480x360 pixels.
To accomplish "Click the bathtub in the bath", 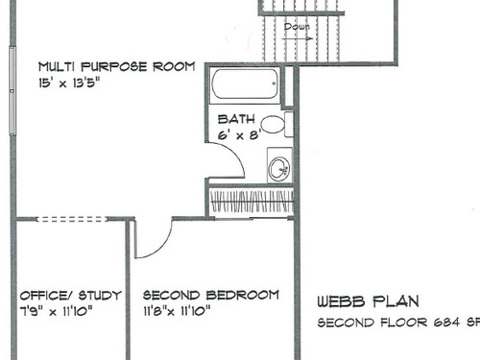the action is [245, 84].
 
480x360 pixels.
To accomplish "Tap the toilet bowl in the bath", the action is [273, 124].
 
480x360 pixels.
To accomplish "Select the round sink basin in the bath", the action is [279, 168].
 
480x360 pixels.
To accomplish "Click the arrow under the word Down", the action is [298, 38].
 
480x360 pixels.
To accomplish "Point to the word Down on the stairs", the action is [297, 27].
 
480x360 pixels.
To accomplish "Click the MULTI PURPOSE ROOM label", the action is [117, 67].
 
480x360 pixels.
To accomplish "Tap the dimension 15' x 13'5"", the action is [69, 84].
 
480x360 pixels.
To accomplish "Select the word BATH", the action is [236, 119].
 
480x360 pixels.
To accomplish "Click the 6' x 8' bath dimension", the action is [239, 134].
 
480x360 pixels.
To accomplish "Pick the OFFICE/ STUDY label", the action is [71, 295].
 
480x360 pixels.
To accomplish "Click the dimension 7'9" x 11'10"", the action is [57, 311].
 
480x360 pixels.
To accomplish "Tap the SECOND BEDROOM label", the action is [211, 295].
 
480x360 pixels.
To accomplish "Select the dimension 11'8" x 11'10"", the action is [177, 311].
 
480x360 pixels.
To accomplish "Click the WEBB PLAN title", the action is [368, 301].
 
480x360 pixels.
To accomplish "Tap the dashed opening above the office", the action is [72, 219].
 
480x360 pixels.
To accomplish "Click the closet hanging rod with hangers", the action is [252, 201].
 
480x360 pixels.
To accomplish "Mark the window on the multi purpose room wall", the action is [12, 91].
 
